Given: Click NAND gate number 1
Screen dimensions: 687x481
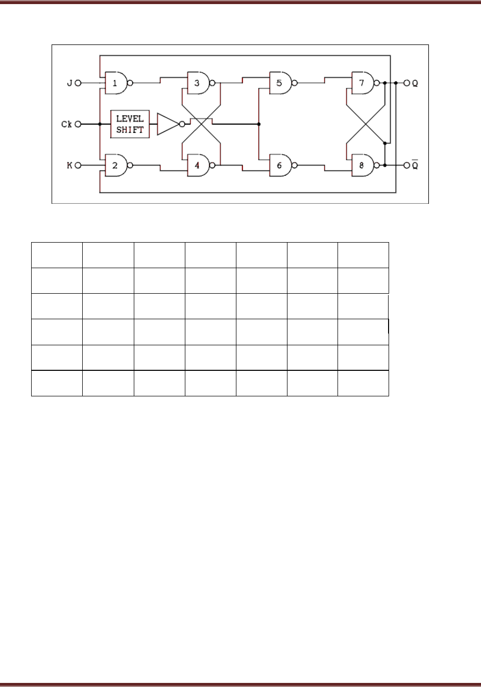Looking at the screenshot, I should coord(116,83).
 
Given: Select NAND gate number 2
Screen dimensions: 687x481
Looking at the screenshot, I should coord(116,165).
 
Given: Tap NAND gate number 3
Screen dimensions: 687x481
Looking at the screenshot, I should coord(199,83).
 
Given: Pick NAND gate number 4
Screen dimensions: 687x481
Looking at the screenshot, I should coord(199,165).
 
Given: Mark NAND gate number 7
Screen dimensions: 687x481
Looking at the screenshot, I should coord(363,83).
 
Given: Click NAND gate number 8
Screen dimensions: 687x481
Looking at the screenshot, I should coord(363,165).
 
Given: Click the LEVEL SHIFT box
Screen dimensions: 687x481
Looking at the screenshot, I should coord(130,124).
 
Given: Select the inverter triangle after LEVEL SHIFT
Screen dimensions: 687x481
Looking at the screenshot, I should coord(167,124).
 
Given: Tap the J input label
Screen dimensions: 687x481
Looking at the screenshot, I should coord(69,83).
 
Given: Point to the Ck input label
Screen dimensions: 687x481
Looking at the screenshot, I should coord(66,124).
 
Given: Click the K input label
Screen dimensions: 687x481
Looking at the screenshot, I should coord(69,165).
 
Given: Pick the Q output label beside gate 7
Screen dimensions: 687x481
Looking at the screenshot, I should coord(415,83).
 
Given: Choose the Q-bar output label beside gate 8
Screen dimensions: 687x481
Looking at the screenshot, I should coord(415,165).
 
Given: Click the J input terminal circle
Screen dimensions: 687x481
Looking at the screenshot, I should coord(78,83).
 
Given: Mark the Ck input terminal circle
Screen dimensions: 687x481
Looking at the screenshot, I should coord(78,124).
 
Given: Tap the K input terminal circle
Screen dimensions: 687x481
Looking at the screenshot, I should coord(78,165).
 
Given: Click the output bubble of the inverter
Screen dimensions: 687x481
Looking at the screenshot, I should coord(182,124).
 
